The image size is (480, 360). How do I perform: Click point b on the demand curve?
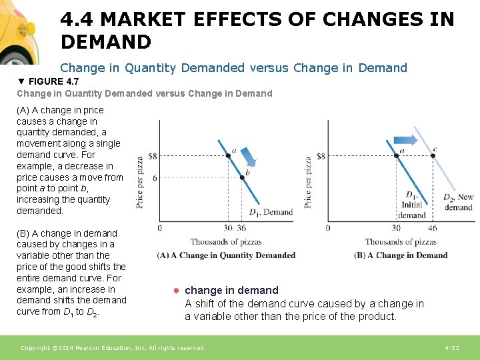pos(241,177)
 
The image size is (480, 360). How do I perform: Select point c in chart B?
pos(433,155)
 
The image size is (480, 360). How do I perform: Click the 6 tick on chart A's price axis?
pos(155,178)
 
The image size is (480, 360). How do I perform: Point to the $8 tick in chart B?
pos(321,156)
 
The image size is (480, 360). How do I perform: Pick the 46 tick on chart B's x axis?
pos(433,228)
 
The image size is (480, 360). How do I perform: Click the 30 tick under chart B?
pos(396,228)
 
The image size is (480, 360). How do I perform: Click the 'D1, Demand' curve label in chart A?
pos(271,212)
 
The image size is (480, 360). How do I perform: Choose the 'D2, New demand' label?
pos(458,202)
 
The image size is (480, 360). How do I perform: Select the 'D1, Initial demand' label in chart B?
pos(412,205)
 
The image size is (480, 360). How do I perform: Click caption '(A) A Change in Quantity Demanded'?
pos(226,255)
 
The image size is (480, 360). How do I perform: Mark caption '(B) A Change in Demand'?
pos(401,255)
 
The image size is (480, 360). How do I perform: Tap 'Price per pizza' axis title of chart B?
pos(308,182)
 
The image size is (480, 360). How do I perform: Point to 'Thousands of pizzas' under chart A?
pos(226,241)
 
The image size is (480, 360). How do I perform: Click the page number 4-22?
pos(452,348)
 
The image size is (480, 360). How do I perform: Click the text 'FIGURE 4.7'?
pos(49,81)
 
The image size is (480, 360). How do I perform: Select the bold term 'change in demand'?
pos(231,290)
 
